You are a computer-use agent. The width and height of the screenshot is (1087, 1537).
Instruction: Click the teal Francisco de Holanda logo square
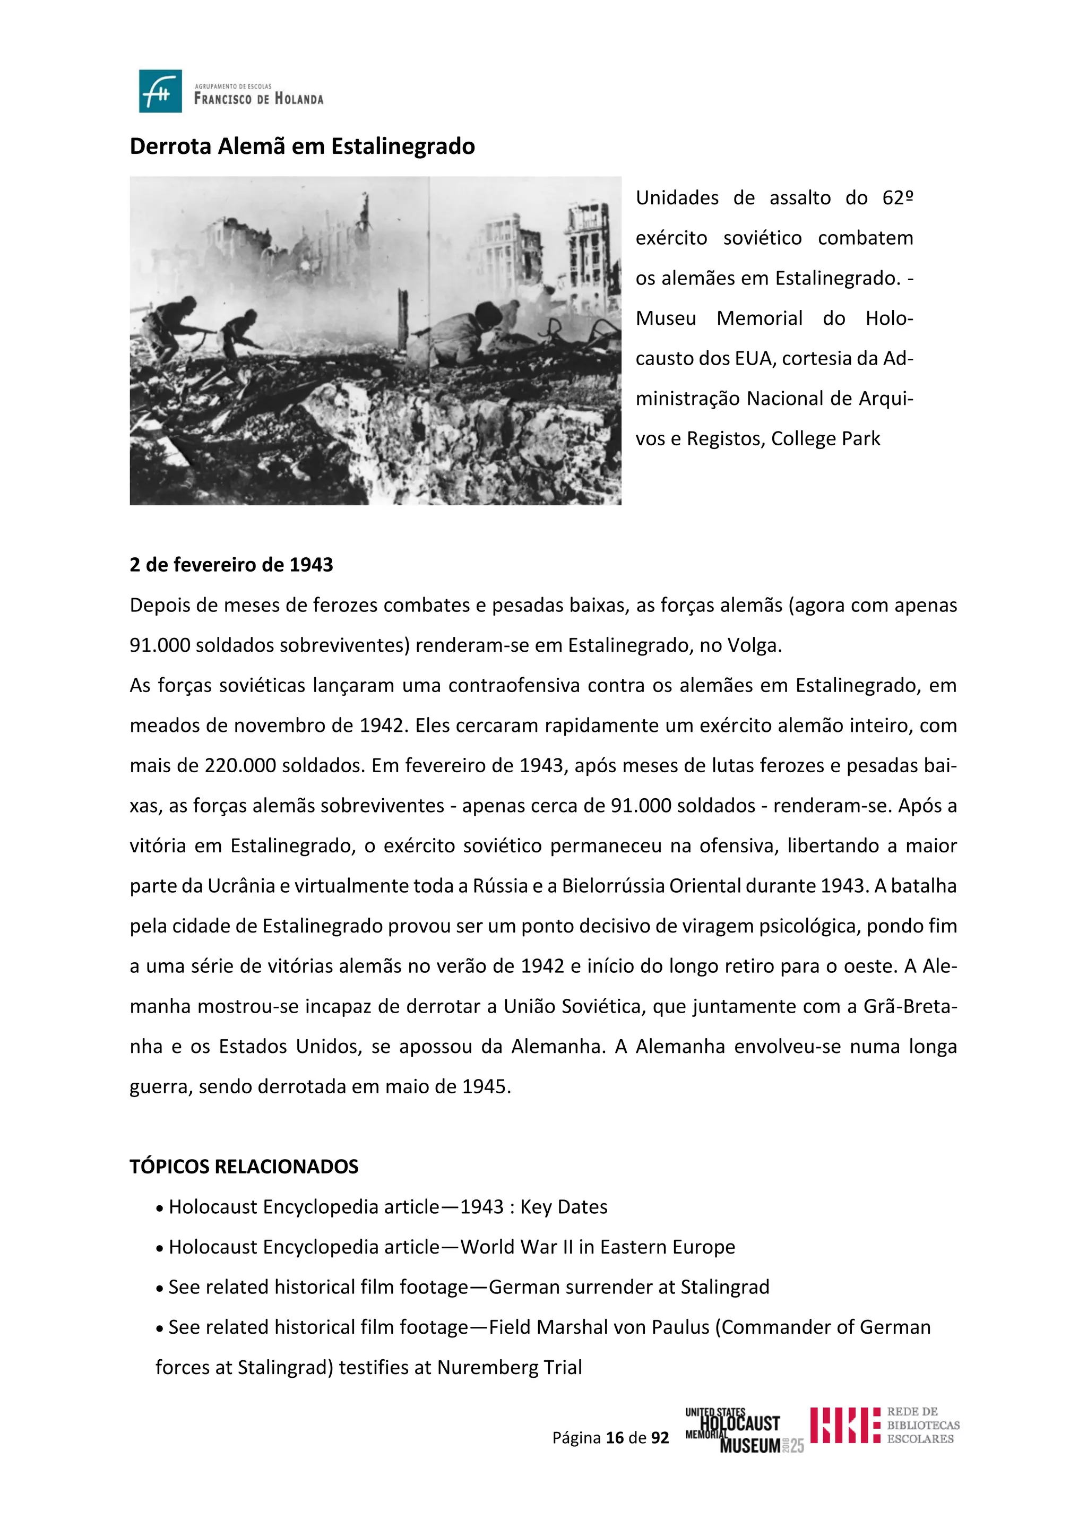[x=161, y=91]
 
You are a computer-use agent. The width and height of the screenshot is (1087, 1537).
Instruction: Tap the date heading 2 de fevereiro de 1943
[x=231, y=565]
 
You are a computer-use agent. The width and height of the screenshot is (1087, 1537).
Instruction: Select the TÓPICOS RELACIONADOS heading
[x=244, y=1167]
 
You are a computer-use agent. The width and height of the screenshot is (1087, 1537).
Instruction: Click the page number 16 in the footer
[x=615, y=1438]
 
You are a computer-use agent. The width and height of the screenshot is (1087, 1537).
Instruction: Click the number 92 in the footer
[x=660, y=1438]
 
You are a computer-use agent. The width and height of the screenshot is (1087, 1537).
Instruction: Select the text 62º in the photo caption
[x=898, y=198]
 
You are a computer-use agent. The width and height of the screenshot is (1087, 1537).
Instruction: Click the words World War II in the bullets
[x=517, y=1247]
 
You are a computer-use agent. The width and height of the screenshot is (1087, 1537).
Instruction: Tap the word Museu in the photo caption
[x=666, y=318]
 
